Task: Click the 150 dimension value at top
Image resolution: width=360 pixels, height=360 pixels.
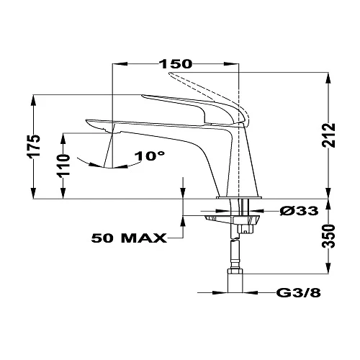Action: coord(176,64)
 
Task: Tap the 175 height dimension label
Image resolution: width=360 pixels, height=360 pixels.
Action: coord(34,146)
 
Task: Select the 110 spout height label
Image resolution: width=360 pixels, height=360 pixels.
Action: coord(63,165)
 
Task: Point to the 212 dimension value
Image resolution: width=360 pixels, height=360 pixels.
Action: coord(328,135)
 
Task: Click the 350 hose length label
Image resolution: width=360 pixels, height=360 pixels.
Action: coord(328,236)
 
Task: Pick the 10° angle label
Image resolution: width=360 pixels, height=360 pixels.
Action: coord(150,156)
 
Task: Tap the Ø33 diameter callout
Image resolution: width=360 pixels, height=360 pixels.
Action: coord(299,211)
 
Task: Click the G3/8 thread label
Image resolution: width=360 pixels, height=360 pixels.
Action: coord(299,292)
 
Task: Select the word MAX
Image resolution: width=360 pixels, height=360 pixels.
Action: coord(144,238)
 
